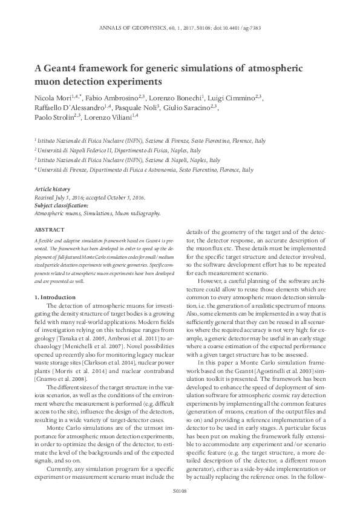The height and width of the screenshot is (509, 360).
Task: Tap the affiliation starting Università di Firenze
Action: pyautogui.click(x=61, y=170)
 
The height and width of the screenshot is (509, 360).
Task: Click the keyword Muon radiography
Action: pyautogui.click(x=139, y=213)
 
